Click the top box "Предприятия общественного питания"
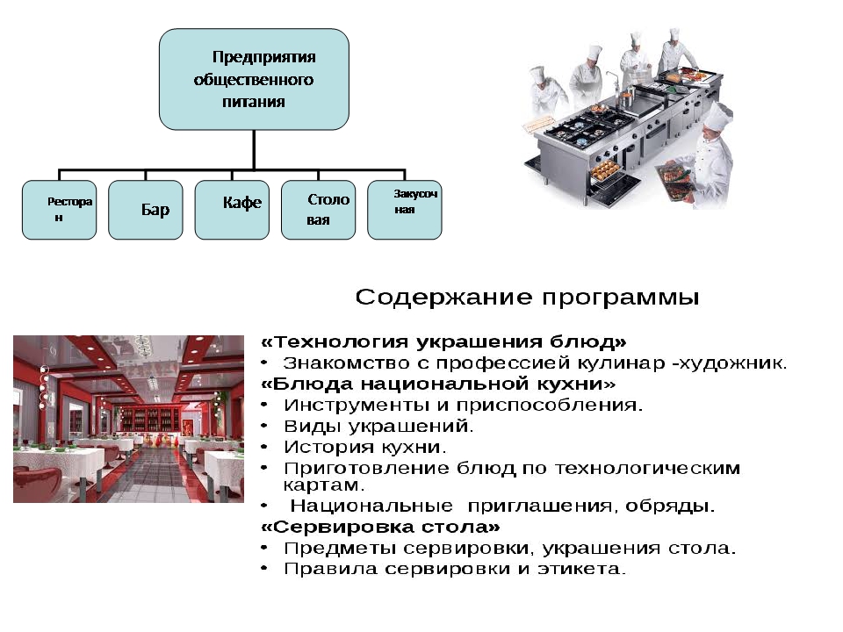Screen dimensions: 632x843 [254, 79]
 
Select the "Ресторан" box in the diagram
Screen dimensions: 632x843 [59, 210]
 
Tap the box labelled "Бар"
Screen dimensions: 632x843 [146, 210]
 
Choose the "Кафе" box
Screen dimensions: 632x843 [232, 210]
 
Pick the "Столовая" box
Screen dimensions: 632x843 [318, 210]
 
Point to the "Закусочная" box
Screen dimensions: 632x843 [404, 210]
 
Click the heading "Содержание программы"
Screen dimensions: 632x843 [527, 298]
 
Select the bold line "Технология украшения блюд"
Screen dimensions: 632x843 [444, 341]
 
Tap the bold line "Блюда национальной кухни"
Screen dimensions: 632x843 [439, 384]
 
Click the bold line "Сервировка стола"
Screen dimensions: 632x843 [381, 528]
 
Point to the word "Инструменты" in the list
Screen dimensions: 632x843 [343, 406]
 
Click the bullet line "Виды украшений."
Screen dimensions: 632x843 [378, 427]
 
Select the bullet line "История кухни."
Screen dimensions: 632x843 [365, 448]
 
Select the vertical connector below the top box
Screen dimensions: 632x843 [254, 149]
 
